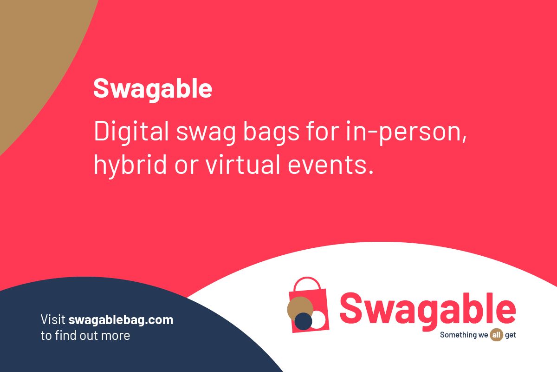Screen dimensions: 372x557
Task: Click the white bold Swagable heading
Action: pyautogui.click(x=153, y=88)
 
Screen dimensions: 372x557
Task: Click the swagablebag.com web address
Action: pyautogui.click(x=121, y=320)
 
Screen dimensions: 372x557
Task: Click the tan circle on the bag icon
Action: pyautogui.click(x=300, y=308)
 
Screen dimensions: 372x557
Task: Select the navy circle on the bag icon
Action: pyautogui.click(x=304, y=321)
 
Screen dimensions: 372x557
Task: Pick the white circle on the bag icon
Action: pyautogui.click(x=318, y=319)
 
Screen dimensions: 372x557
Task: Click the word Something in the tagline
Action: pyautogui.click(x=458, y=335)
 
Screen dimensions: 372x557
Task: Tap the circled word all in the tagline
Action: pyautogui.click(x=497, y=335)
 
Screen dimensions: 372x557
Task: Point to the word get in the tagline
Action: pyautogui.click(x=511, y=335)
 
